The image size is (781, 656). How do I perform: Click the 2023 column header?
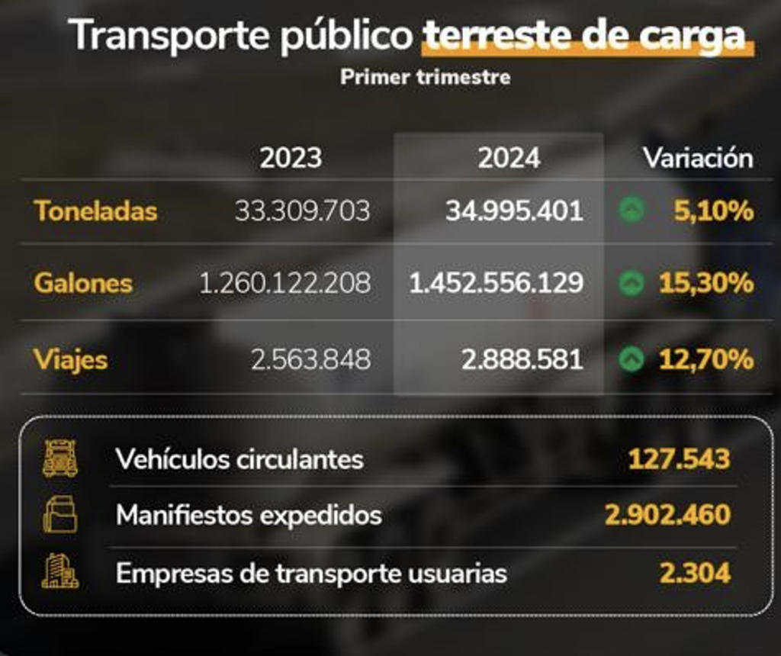click(291, 159)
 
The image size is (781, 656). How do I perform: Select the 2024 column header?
click(509, 159)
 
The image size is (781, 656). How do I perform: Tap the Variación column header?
click(698, 158)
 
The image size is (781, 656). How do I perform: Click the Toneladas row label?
click(95, 211)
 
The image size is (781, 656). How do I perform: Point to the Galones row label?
click(83, 284)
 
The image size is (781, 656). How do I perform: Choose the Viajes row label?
click(71, 359)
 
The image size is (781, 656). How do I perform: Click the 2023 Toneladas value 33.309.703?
click(302, 211)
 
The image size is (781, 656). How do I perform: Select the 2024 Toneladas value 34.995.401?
click(514, 211)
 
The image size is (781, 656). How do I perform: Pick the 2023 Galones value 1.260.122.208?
click(284, 284)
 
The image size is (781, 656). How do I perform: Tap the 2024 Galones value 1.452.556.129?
click(497, 284)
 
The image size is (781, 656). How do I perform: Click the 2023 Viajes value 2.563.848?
click(310, 359)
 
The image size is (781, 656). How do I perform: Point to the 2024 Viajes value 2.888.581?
click(522, 359)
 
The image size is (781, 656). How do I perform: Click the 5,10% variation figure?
click(714, 211)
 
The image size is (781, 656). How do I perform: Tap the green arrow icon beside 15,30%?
click(631, 284)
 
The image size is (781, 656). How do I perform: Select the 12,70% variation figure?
click(705, 359)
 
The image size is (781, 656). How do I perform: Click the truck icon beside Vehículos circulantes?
click(59, 458)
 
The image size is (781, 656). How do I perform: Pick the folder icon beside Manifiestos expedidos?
click(59, 515)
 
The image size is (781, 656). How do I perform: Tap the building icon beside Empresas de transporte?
click(59, 571)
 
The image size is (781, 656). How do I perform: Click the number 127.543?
click(679, 459)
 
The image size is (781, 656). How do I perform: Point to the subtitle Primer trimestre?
click(425, 77)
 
